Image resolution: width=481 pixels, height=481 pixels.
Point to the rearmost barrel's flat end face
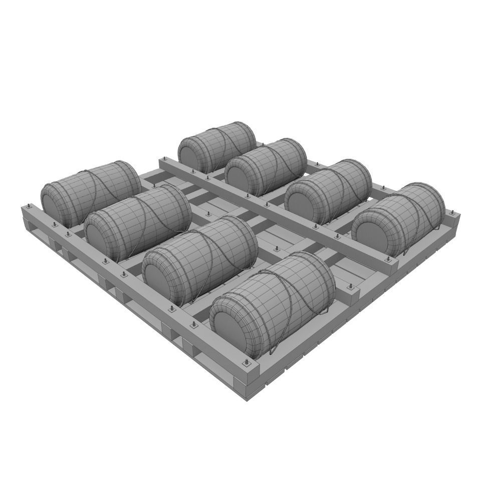coord(190,154)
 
